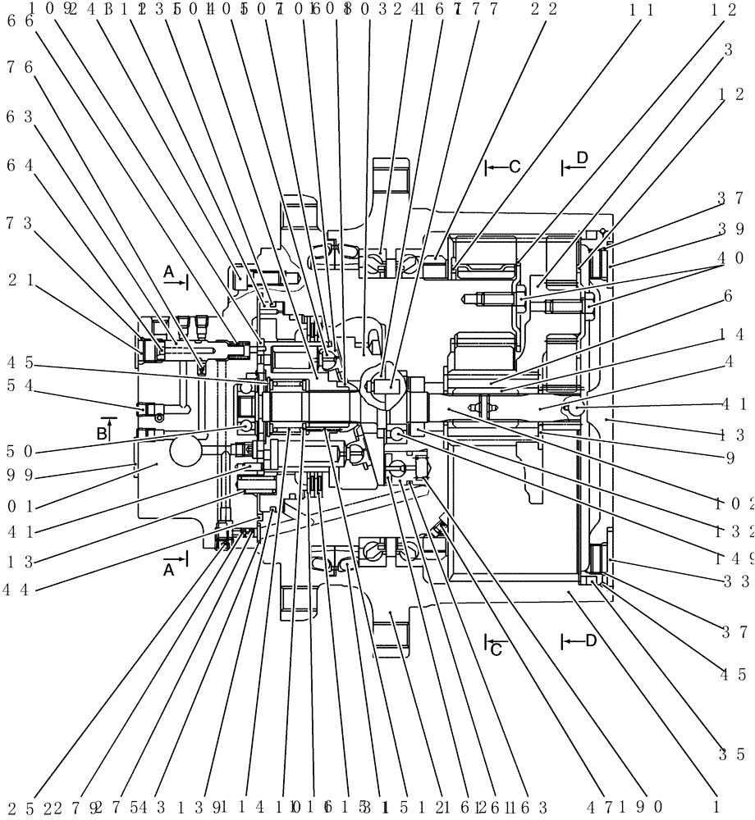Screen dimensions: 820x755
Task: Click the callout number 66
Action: coord(19,23)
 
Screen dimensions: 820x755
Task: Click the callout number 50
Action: coord(19,429)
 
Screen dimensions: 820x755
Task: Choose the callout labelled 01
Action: coord(19,508)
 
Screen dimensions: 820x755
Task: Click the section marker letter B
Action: coord(103,431)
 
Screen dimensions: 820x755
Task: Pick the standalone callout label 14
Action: coord(731,335)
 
